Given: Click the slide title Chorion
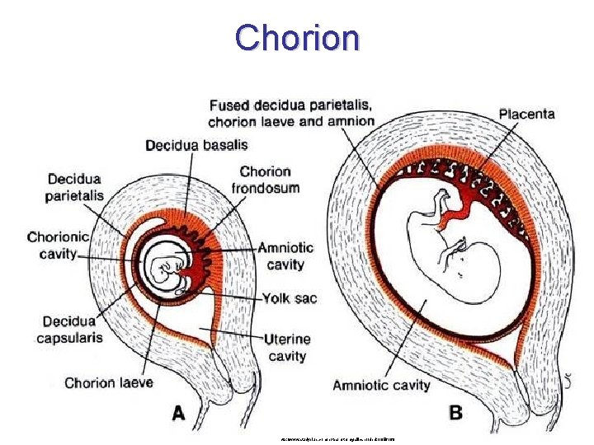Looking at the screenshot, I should [297, 37].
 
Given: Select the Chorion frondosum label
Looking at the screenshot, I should [270, 180].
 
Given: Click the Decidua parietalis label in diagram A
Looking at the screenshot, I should [75, 186].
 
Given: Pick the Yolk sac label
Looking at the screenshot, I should [288, 298].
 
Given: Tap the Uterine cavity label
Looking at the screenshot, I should [288, 346].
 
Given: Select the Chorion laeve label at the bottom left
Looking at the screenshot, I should [108, 382].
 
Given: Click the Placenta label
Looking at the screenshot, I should [526, 114].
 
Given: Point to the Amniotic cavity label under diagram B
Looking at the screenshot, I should [381, 385].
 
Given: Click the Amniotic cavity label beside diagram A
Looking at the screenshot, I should [285, 255].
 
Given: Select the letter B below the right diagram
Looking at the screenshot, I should [455, 413].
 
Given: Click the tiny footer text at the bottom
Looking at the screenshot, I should [337, 439].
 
